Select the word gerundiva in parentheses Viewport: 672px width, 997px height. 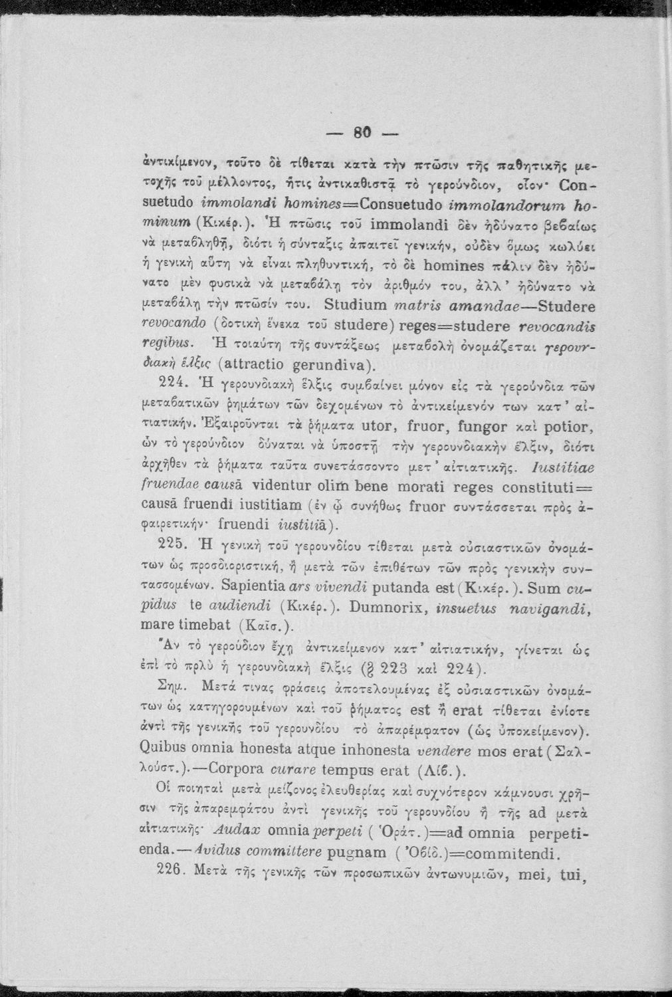(x=332, y=364)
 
